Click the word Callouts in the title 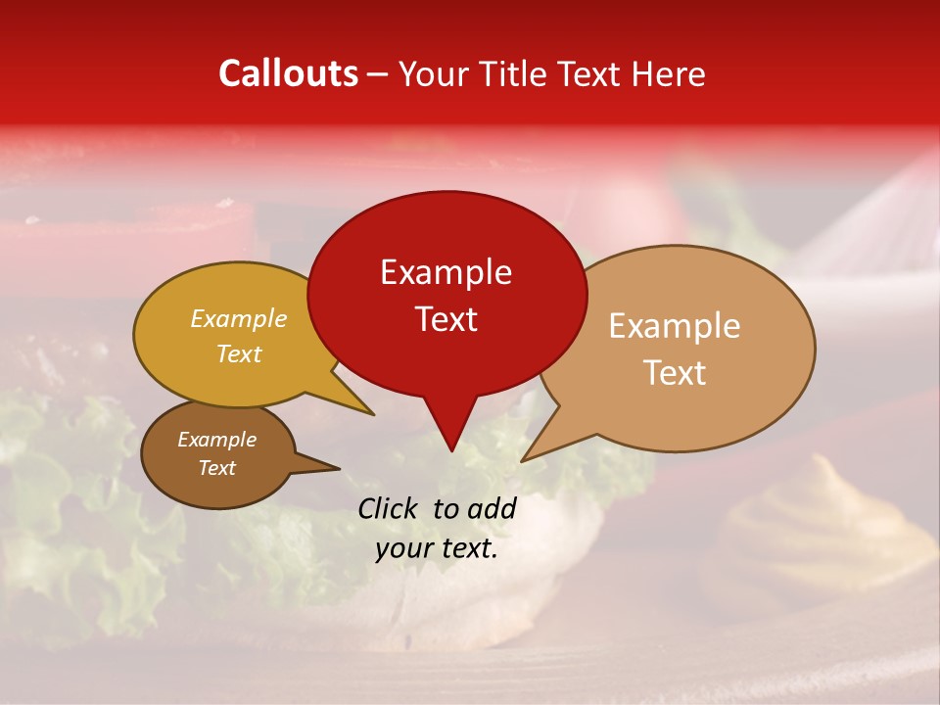coord(288,73)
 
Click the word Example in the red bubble coord(446,272)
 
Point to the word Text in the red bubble coord(446,319)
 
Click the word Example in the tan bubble coord(675,326)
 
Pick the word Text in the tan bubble coord(675,373)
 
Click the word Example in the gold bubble coord(239,318)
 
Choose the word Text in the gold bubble coord(239,353)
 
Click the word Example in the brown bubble coord(216,440)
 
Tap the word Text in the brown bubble coord(216,468)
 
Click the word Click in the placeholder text coord(389,508)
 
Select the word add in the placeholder coord(492,508)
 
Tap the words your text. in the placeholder coord(437,549)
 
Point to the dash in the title coord(379,74)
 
